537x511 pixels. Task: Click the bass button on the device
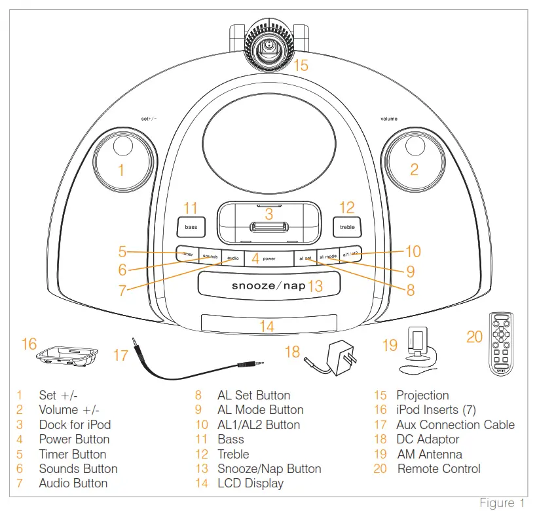pos(191,227)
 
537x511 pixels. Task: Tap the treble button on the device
pos(346,227)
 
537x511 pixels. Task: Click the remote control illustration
pos(501,344)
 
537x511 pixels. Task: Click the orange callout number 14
pos(267,325)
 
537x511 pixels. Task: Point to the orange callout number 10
pos(413,251)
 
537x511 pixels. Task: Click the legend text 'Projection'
pos(422,396)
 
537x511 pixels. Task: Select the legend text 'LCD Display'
pos(250,483)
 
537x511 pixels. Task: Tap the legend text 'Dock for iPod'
pos(75,424)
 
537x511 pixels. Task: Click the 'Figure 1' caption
pos(502,502)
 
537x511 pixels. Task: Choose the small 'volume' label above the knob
pos(388,119)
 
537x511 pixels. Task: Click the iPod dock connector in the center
pos(268,228)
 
